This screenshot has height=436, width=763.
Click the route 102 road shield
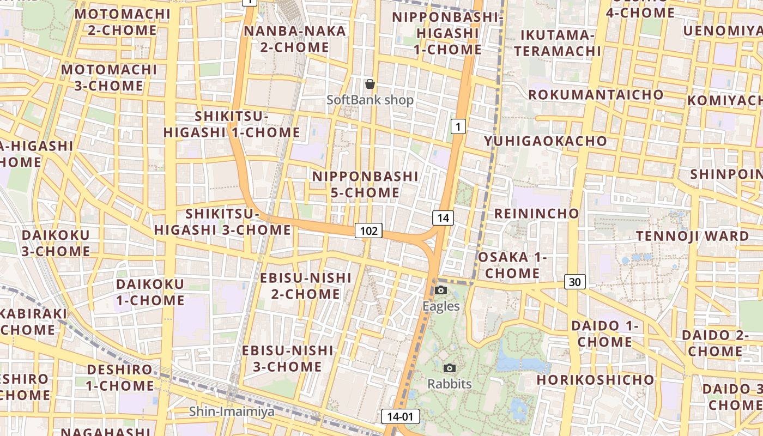369,231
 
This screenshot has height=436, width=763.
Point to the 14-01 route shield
401,417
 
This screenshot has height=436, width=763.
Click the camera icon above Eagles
441,290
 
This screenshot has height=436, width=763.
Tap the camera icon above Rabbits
450,368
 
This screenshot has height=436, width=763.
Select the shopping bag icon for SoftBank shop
370,84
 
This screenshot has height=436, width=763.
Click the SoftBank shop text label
370,100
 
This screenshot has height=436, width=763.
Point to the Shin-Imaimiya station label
232,411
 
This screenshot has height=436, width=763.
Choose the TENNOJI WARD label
693,236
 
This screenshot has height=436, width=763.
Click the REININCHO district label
536,213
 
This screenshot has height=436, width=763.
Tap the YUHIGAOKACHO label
546,141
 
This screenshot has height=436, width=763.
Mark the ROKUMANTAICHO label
596,95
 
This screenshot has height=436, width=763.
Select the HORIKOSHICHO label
595,379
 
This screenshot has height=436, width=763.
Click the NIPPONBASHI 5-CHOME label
365,184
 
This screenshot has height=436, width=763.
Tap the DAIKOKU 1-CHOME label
150,292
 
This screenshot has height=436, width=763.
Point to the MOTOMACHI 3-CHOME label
109,77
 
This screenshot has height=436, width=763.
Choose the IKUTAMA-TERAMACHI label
558,43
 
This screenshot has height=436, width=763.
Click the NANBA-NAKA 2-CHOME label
295,39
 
